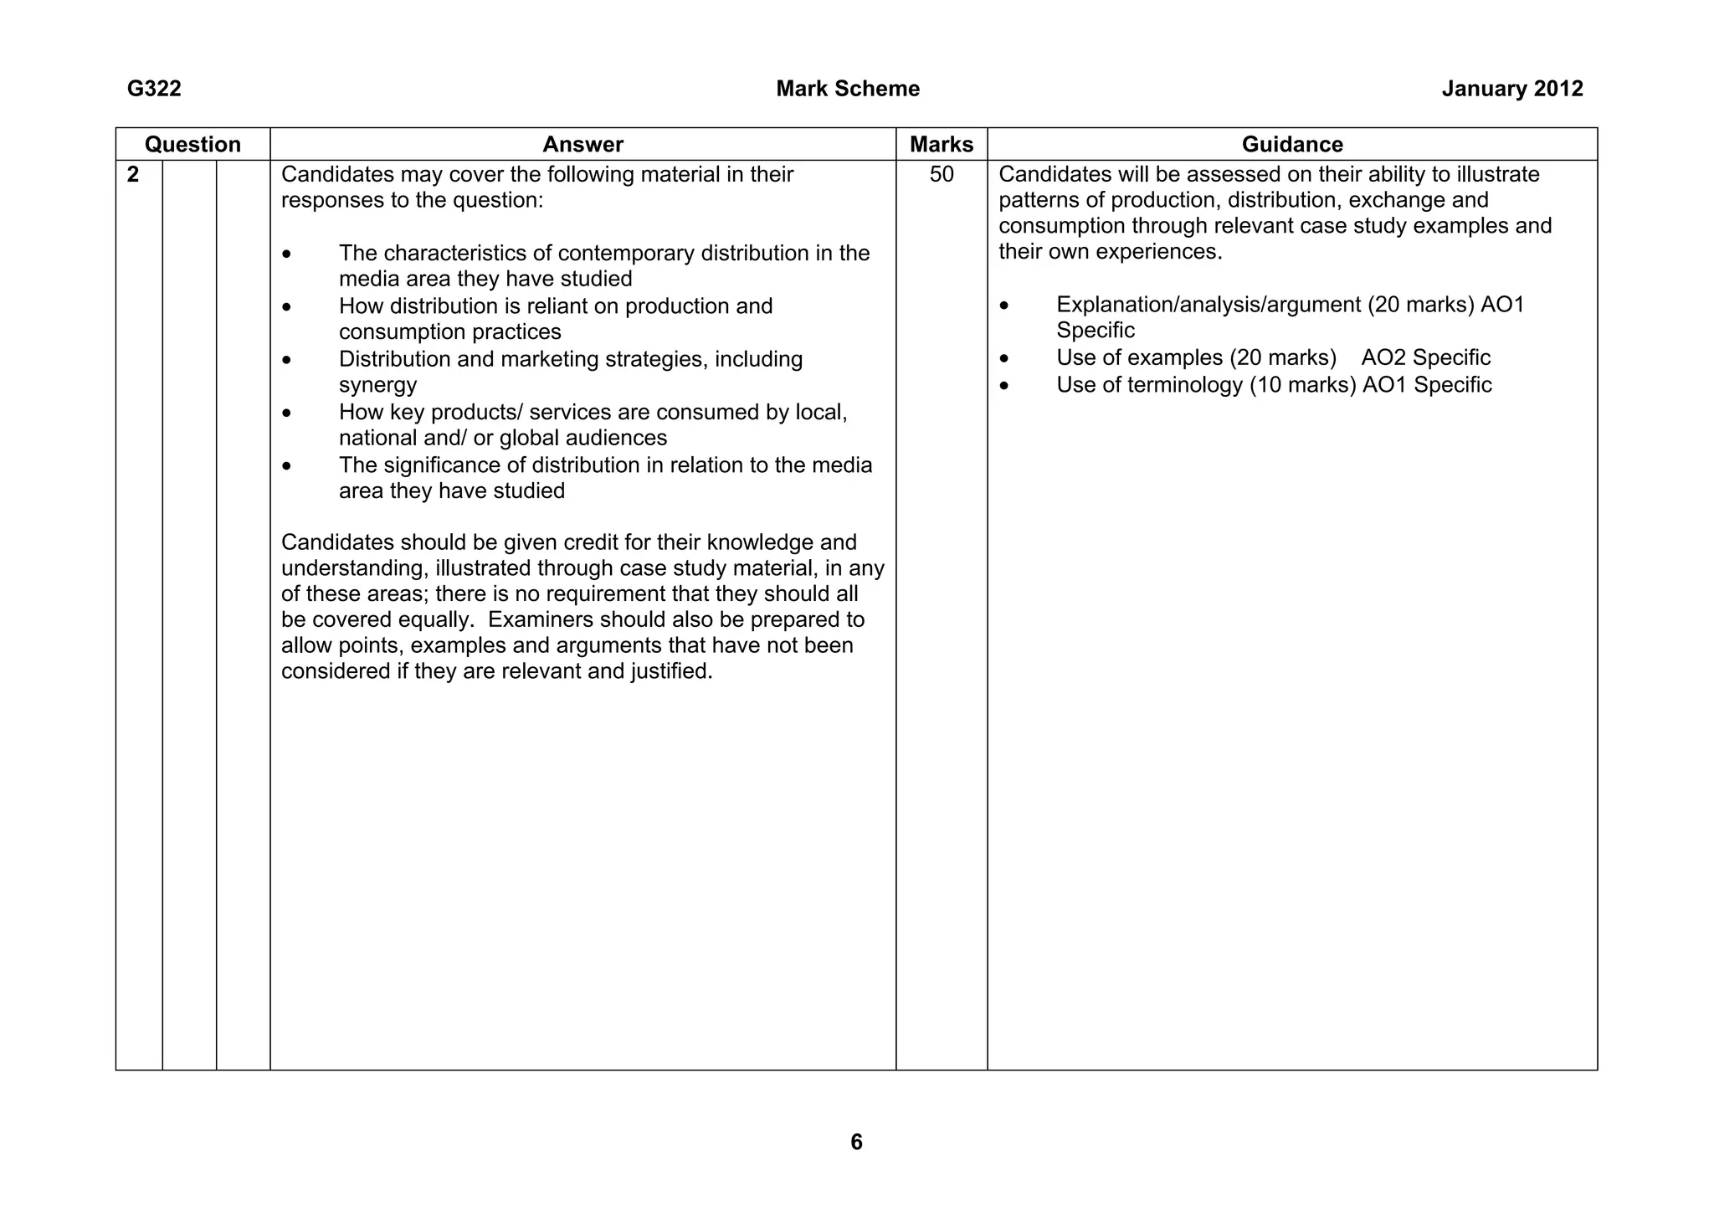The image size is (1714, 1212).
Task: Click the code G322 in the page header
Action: tap(154, 89)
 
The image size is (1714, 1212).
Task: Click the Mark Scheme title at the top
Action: tap(847, 89)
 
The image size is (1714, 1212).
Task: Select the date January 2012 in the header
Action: tap(1511, 89)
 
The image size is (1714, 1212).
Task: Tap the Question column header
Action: tap(192, 144)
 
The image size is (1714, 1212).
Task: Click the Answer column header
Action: tap(582, 144)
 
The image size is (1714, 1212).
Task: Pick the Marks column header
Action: tap(941, 144)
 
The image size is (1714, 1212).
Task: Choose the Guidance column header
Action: tap(1291, 144)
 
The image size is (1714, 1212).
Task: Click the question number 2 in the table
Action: tap(133, 174)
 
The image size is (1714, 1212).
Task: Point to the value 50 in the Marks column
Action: tap(941, 174)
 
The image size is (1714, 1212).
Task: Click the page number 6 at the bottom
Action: tap(855, 1142)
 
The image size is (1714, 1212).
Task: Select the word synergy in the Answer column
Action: tap(377, 385)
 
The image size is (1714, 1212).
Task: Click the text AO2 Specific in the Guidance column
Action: tap(1425, 357)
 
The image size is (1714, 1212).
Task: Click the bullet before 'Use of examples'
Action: tap(1004, 358)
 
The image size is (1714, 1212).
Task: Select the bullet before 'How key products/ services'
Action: tap(287, 413)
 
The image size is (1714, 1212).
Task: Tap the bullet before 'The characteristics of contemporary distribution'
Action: tap(287, 254)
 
